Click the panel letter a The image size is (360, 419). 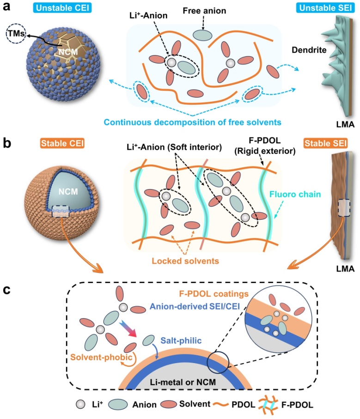click(8, 7)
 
